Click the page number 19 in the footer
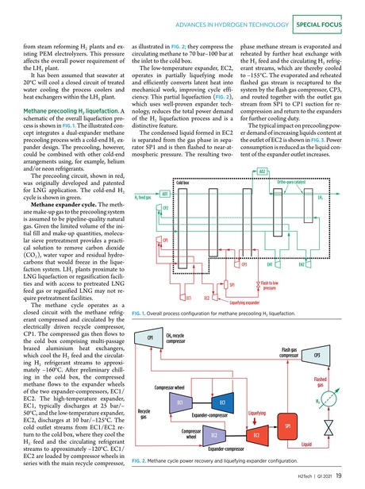pos(339,476)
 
